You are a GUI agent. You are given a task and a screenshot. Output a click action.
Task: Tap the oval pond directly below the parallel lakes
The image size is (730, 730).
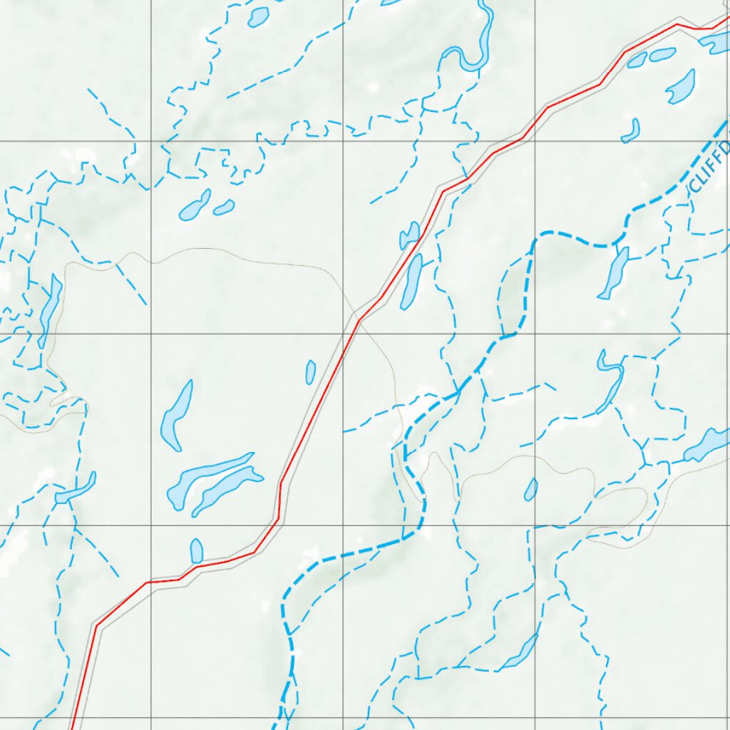point(197,550)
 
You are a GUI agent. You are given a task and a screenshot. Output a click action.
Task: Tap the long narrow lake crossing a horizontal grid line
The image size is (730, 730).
point(50,309)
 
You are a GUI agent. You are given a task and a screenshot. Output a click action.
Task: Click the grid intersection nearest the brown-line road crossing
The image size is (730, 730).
point(343,333)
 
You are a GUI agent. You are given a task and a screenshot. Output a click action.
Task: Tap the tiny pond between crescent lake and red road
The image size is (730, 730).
point(310,371)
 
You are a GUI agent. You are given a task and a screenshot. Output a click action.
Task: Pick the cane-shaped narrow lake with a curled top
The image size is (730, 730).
point(610,385)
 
